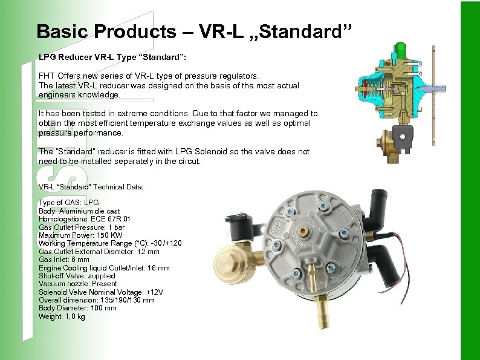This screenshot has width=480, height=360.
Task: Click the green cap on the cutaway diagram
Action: pyautogui.click(x=400, y=48)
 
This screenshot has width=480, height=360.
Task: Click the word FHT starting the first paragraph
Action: pyautogui.click(x=46, y=76)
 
